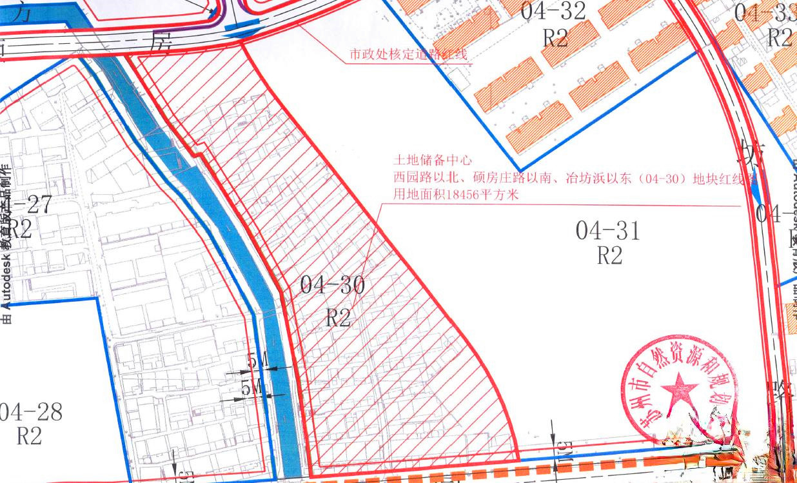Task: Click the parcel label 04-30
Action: click(x=333, y=285)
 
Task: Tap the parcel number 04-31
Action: click(x=608, y=230)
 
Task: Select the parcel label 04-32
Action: click(x=555, y=11)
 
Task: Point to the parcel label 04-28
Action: click(x=30, y=411)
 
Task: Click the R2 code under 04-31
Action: click(x=609, y=256)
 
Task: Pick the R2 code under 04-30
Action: click(x=338, y=317)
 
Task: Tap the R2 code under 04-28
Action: click(x=29, y=437)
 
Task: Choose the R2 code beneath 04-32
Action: click(x=555, y=37)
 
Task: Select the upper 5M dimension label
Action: click(x=257, y=362)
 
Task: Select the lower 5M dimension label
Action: click(x=251, y=388)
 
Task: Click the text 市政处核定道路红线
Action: click(x=409, y=56)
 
